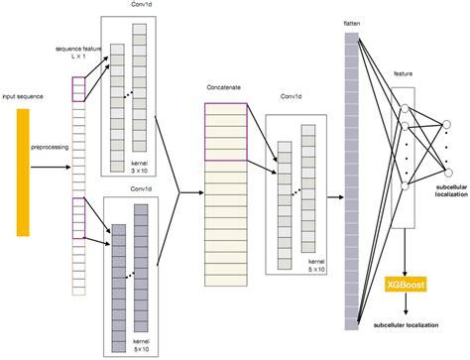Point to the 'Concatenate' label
point(224,87)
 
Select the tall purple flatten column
point(351,179)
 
